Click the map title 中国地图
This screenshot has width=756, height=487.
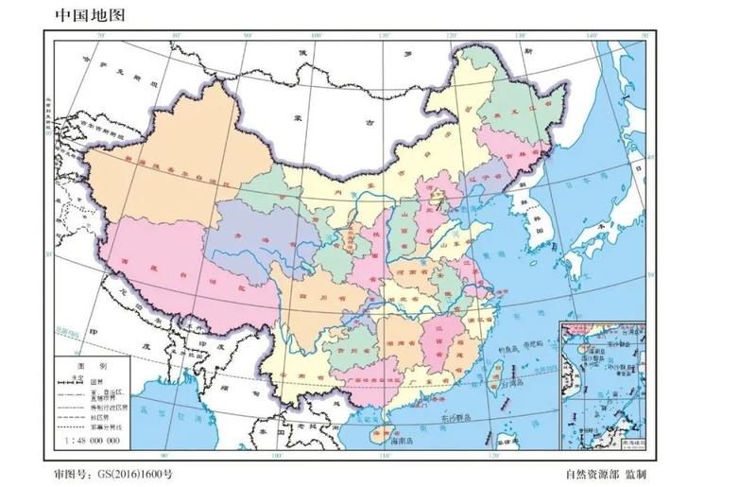(x=89, y=14)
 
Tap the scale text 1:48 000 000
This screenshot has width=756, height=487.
(x=93, y=441)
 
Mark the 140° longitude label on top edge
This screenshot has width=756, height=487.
(x=593, y=36)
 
